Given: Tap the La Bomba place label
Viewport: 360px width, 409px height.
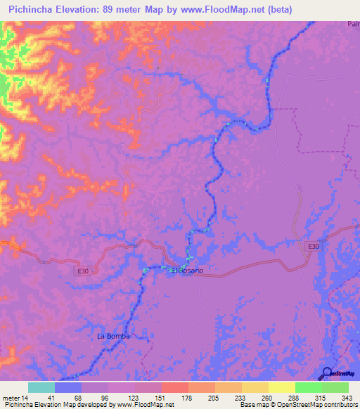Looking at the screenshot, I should click(x=114, y=336).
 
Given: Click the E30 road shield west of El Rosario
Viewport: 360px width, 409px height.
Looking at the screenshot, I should click(x=83, y=269).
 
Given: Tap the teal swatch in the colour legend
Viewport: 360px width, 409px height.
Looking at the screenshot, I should click(x=41, y=387).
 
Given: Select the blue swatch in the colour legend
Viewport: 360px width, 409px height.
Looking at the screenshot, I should click(x=68, y=387).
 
